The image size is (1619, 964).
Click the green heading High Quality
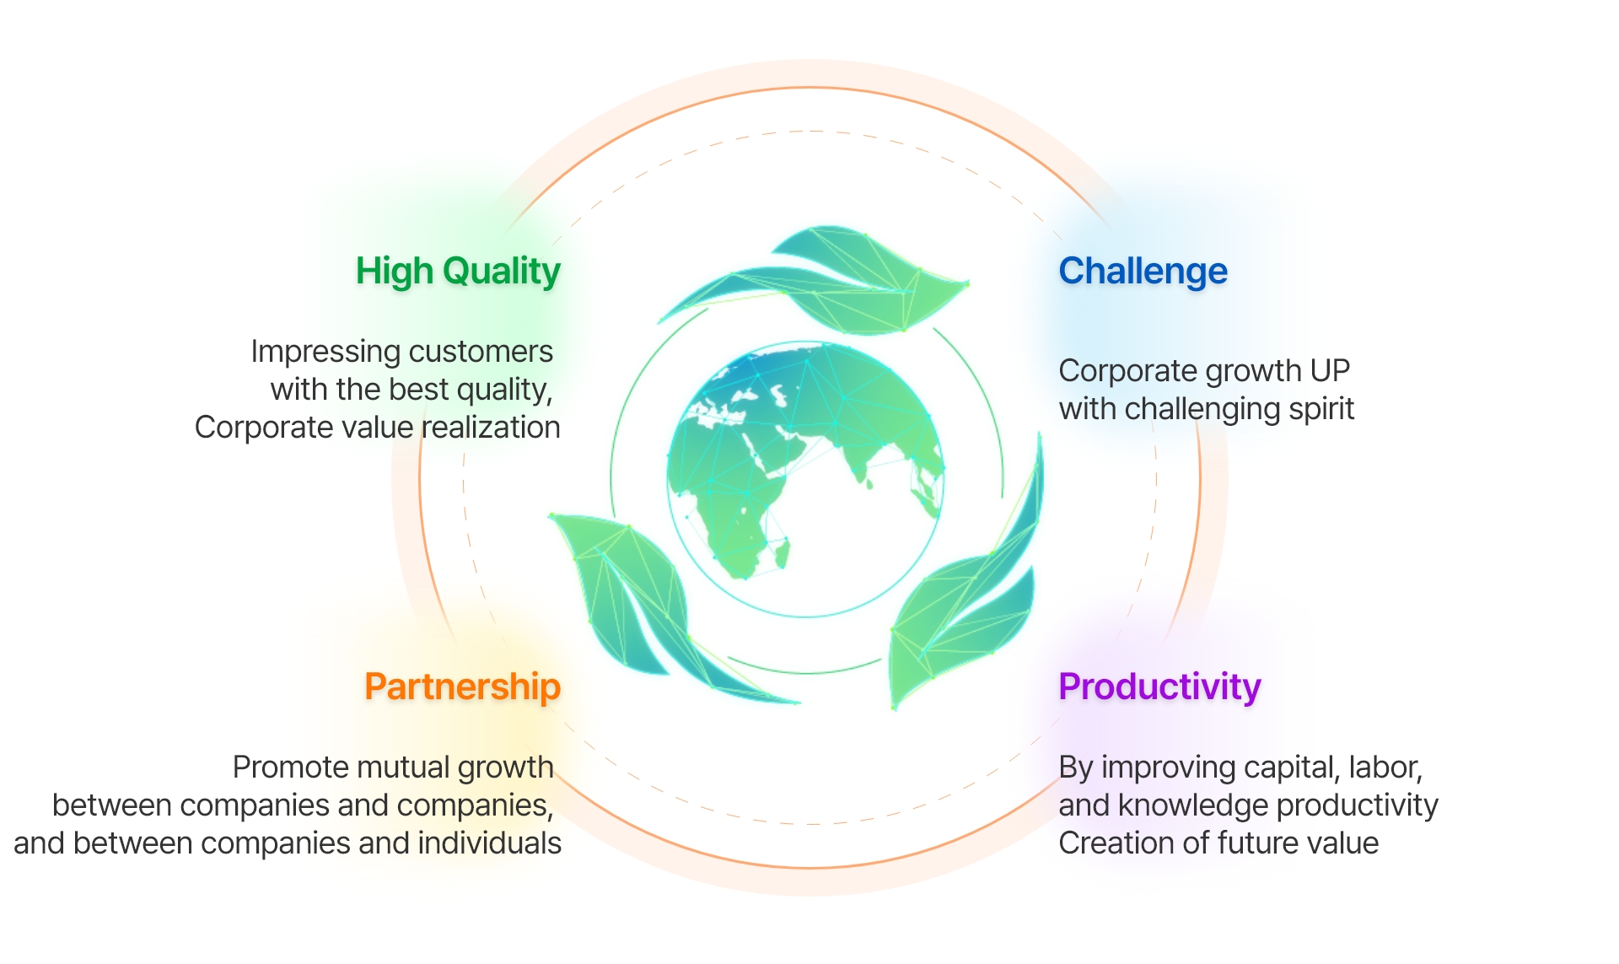458,272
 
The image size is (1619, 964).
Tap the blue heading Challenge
1143,272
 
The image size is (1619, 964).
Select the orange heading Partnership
462,687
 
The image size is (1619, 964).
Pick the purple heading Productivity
1159,687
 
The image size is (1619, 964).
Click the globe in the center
805,479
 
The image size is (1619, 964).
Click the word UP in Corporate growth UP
1330,371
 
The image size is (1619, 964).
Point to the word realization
491,428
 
